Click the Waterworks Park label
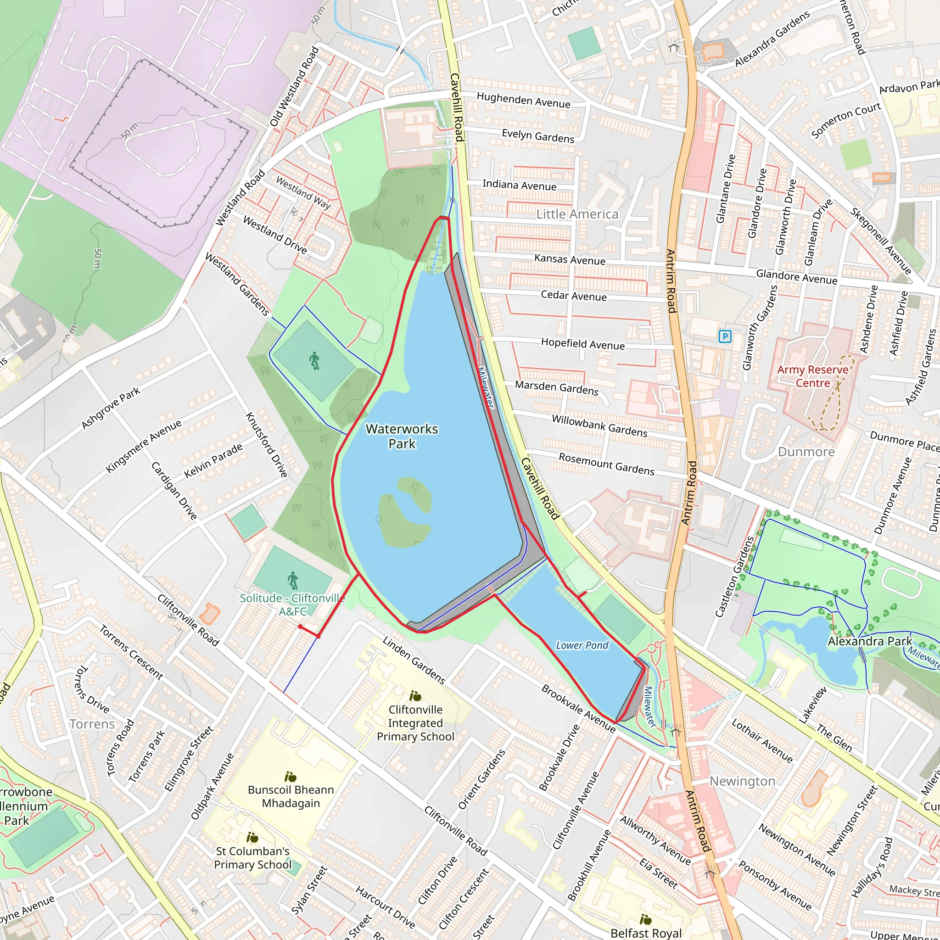point(402,436)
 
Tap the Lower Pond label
point(582,645)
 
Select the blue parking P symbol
point(725,336)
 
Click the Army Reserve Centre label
point(812,376)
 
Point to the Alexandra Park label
point(869,641)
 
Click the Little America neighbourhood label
point(577,214)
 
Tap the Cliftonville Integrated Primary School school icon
point(415,696)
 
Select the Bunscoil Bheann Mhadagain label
point(291,796)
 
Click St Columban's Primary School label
point(252,857)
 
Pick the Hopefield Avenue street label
point(582,344)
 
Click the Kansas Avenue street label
point(570,259)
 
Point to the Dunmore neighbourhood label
point(806,452)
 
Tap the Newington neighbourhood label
point(742,781)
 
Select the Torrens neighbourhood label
point(92,724)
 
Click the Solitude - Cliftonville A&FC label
point(292,605)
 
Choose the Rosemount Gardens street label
point(606,464)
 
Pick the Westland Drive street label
point(275,235)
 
